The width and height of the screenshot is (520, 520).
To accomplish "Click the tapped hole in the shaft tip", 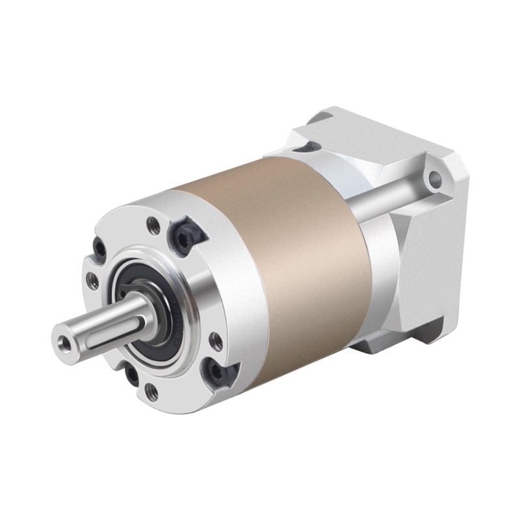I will click(x=63, y=341).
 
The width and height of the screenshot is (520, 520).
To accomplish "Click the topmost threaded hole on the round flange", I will click(x=154, y=226).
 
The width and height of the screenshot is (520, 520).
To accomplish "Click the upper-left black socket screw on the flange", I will click(x=99, y=249).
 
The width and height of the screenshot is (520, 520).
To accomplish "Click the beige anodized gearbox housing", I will click(x=292, y=260).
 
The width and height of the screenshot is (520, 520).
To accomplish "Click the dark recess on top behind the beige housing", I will click(x=305, y=147).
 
